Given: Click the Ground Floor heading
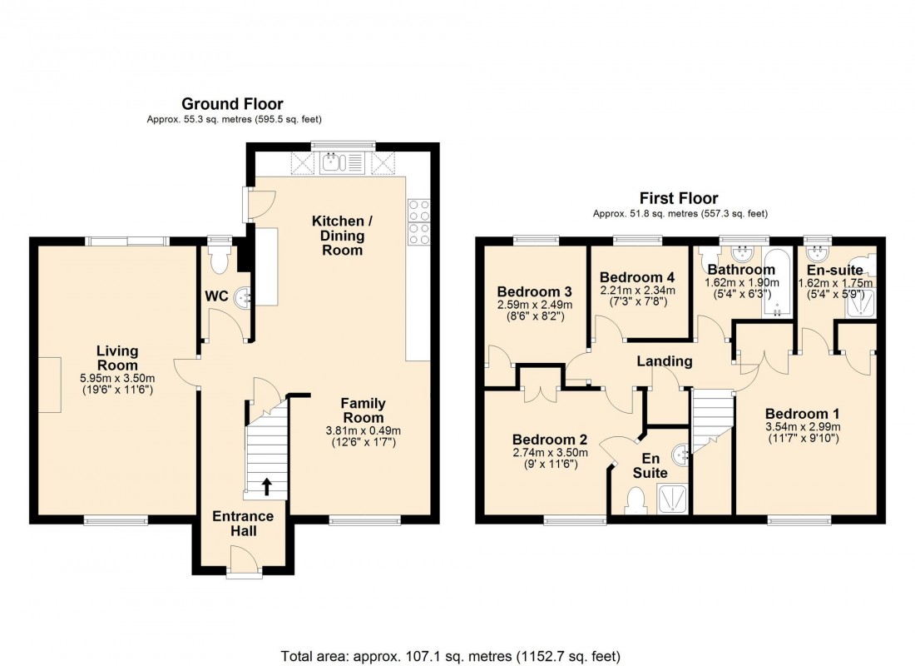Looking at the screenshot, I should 232,104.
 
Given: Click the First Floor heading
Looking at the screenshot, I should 678,198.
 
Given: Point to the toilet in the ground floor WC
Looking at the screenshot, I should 220,261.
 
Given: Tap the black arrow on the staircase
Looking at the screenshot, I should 267,486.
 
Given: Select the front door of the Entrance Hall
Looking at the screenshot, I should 243,559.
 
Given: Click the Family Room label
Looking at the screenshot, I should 364,410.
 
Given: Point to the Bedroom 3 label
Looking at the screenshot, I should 534,292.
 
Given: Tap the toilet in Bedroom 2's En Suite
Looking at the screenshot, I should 636,500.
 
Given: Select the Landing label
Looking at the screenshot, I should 665,361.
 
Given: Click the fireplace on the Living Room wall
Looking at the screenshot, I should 49,385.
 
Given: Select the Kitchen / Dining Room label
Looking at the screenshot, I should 338,236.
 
